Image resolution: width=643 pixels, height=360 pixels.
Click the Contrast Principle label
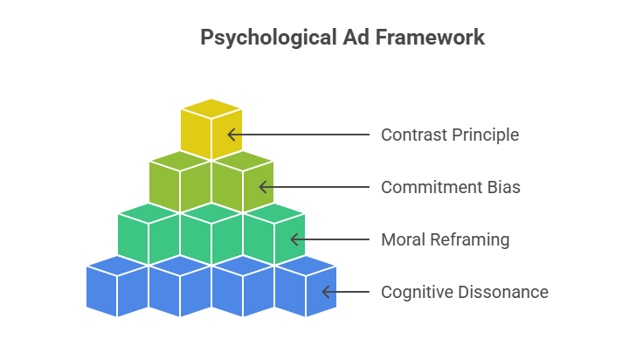[x=450, y=135]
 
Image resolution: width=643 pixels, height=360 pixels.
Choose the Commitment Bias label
[x=451, y=187]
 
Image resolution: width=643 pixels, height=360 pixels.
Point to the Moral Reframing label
[x=445, y=239]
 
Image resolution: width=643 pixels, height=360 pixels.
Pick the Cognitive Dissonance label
[x=465, y=292]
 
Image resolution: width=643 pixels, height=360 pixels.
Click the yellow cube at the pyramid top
[x=211, y=129]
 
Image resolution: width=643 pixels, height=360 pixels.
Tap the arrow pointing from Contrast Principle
[x=298, y=135]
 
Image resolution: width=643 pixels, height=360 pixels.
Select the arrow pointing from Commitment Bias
[x=314, y=187]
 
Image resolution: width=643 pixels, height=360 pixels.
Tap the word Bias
[x=503, y=187]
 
